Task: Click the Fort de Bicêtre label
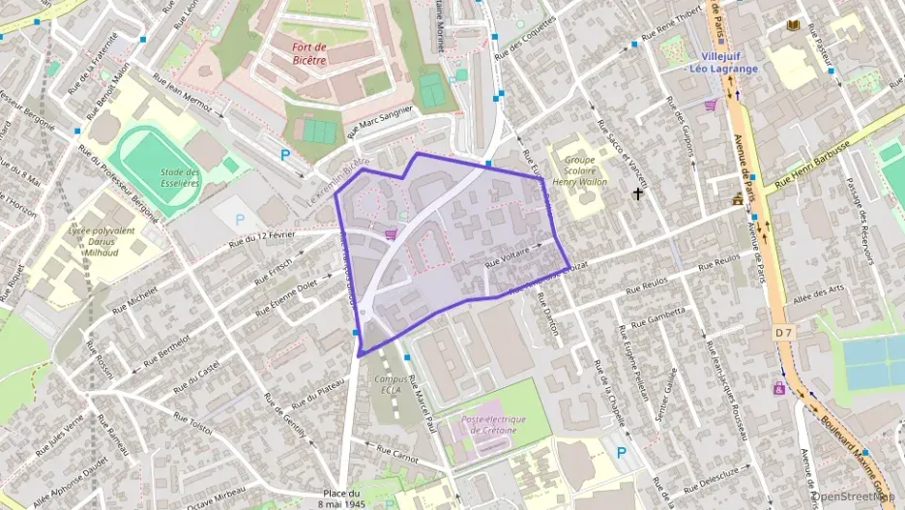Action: [309, 53]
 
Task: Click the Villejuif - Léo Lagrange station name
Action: [722, 63]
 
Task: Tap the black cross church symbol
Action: [637, 195]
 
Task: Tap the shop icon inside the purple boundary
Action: [391, 233]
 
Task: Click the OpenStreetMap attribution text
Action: [855, 495]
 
